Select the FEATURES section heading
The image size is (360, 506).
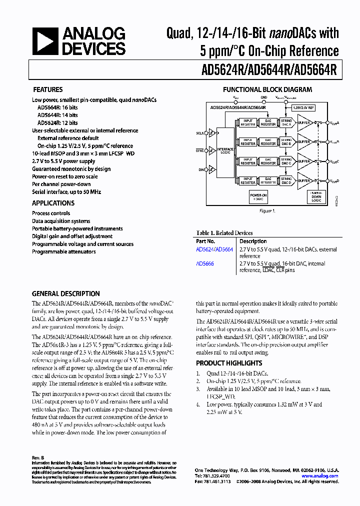click(47, 90)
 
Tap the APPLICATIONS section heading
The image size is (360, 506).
click(53, 203)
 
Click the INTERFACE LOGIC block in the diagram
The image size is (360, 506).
click(225, 150)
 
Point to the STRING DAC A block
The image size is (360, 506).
click(286, 122)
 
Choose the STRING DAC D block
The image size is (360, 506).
click(286, 180)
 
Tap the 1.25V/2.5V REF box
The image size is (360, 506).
click(303, 107)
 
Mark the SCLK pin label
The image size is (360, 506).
click(200, 133)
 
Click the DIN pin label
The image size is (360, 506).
click(201, 170)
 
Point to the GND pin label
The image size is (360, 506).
click(264, 97)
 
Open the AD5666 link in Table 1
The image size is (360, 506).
click(205, 263)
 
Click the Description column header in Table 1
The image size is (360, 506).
click(253, 241)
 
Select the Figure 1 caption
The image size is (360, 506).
click(267, 211)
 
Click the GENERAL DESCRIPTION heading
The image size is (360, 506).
click(65, 293)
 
